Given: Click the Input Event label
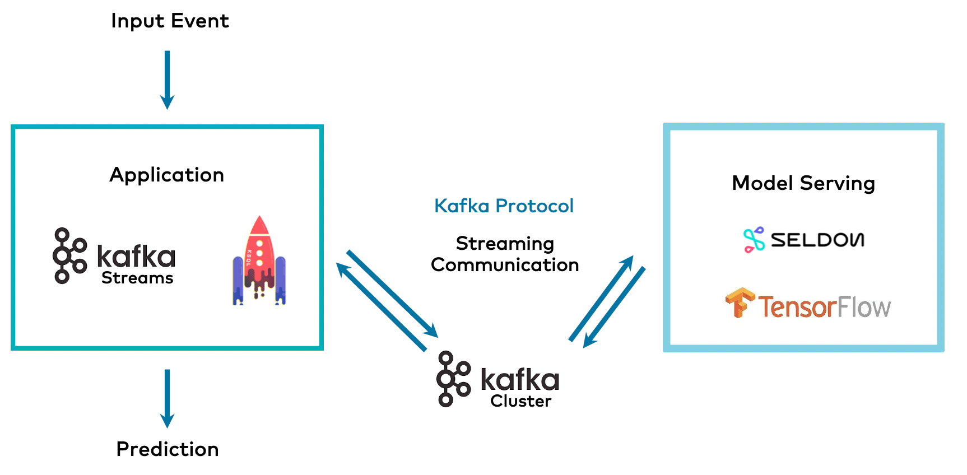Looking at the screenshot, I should tap(170, 21).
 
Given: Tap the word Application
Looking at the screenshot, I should tap(167, 175).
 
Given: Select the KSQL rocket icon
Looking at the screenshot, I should tap(259, 261).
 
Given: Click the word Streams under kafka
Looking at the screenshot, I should tap(137, 278).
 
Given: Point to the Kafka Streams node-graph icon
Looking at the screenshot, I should tap(69, 256).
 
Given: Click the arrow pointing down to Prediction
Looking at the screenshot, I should tap(167, 398).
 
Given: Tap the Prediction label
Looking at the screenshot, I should tap(167, 449).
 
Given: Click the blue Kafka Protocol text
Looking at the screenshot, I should tap(504, 206).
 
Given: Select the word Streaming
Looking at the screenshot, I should tap(505, 244).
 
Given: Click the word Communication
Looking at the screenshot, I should tap(505, 265).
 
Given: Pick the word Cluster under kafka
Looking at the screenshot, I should tap(520, 401).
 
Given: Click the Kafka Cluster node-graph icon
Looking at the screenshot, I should tap(453, 379).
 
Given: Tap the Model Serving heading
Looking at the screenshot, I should tap(803, 183).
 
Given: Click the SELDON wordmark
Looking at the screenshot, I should tap(817, 240).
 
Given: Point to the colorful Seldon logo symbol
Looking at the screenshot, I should tap(754, 240).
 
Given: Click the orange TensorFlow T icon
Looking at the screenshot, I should tap(740, 303).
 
